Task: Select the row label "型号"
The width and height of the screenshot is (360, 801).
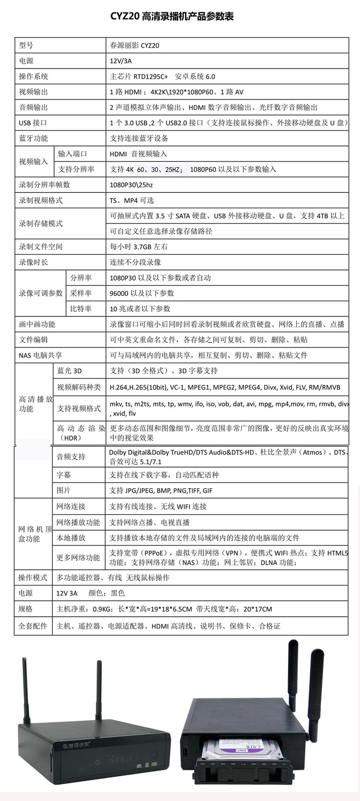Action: coord(26,46)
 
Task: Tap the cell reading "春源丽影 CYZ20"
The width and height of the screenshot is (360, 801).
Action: coord(134,46)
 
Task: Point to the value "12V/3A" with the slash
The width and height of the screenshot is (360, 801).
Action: coord(120,61)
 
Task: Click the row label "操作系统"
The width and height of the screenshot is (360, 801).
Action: coord(34,76)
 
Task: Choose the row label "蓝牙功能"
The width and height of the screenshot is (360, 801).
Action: coord(34,138)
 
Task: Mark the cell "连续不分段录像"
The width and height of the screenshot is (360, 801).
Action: coord(135,262)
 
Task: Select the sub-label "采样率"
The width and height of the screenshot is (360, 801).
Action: coord(81,293)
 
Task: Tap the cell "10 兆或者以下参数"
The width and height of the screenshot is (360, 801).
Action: coord(140,309)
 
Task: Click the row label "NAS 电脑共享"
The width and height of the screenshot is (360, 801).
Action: coord(40,355)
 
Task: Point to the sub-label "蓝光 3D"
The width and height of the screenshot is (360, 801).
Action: coord(70,371)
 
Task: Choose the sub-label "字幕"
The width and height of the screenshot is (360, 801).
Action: coord(64,475)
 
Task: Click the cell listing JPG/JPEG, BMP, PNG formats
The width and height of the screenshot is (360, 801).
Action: coord(161,490)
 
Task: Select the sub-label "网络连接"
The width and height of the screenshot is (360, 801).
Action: coord(71,506)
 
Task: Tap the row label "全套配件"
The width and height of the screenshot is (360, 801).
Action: coord(33,626)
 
